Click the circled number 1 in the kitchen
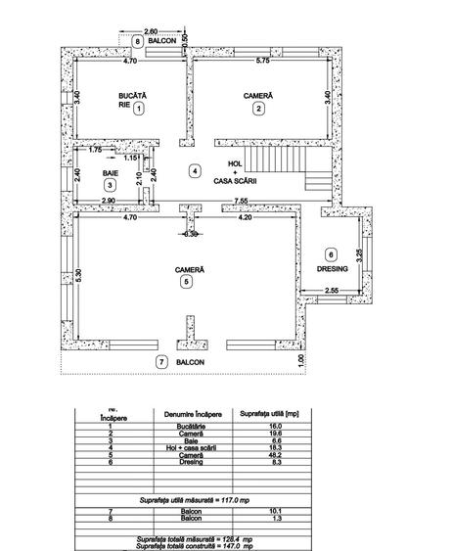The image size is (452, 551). [x=139, y=110]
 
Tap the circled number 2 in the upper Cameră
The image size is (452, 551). [x=258, y=109]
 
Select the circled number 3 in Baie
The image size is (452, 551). [x=111, y=184]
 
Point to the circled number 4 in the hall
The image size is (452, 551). [x=196, y=171]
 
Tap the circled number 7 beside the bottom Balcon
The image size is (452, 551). [x=161, y=362]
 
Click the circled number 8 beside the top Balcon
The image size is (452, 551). [x=138, y=41]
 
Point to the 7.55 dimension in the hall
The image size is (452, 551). [x=241, y=201]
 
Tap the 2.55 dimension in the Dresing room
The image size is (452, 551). [x=332, y=290]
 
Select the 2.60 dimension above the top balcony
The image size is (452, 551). [x=151, y=31]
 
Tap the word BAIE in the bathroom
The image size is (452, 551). [x=111, y=172]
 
